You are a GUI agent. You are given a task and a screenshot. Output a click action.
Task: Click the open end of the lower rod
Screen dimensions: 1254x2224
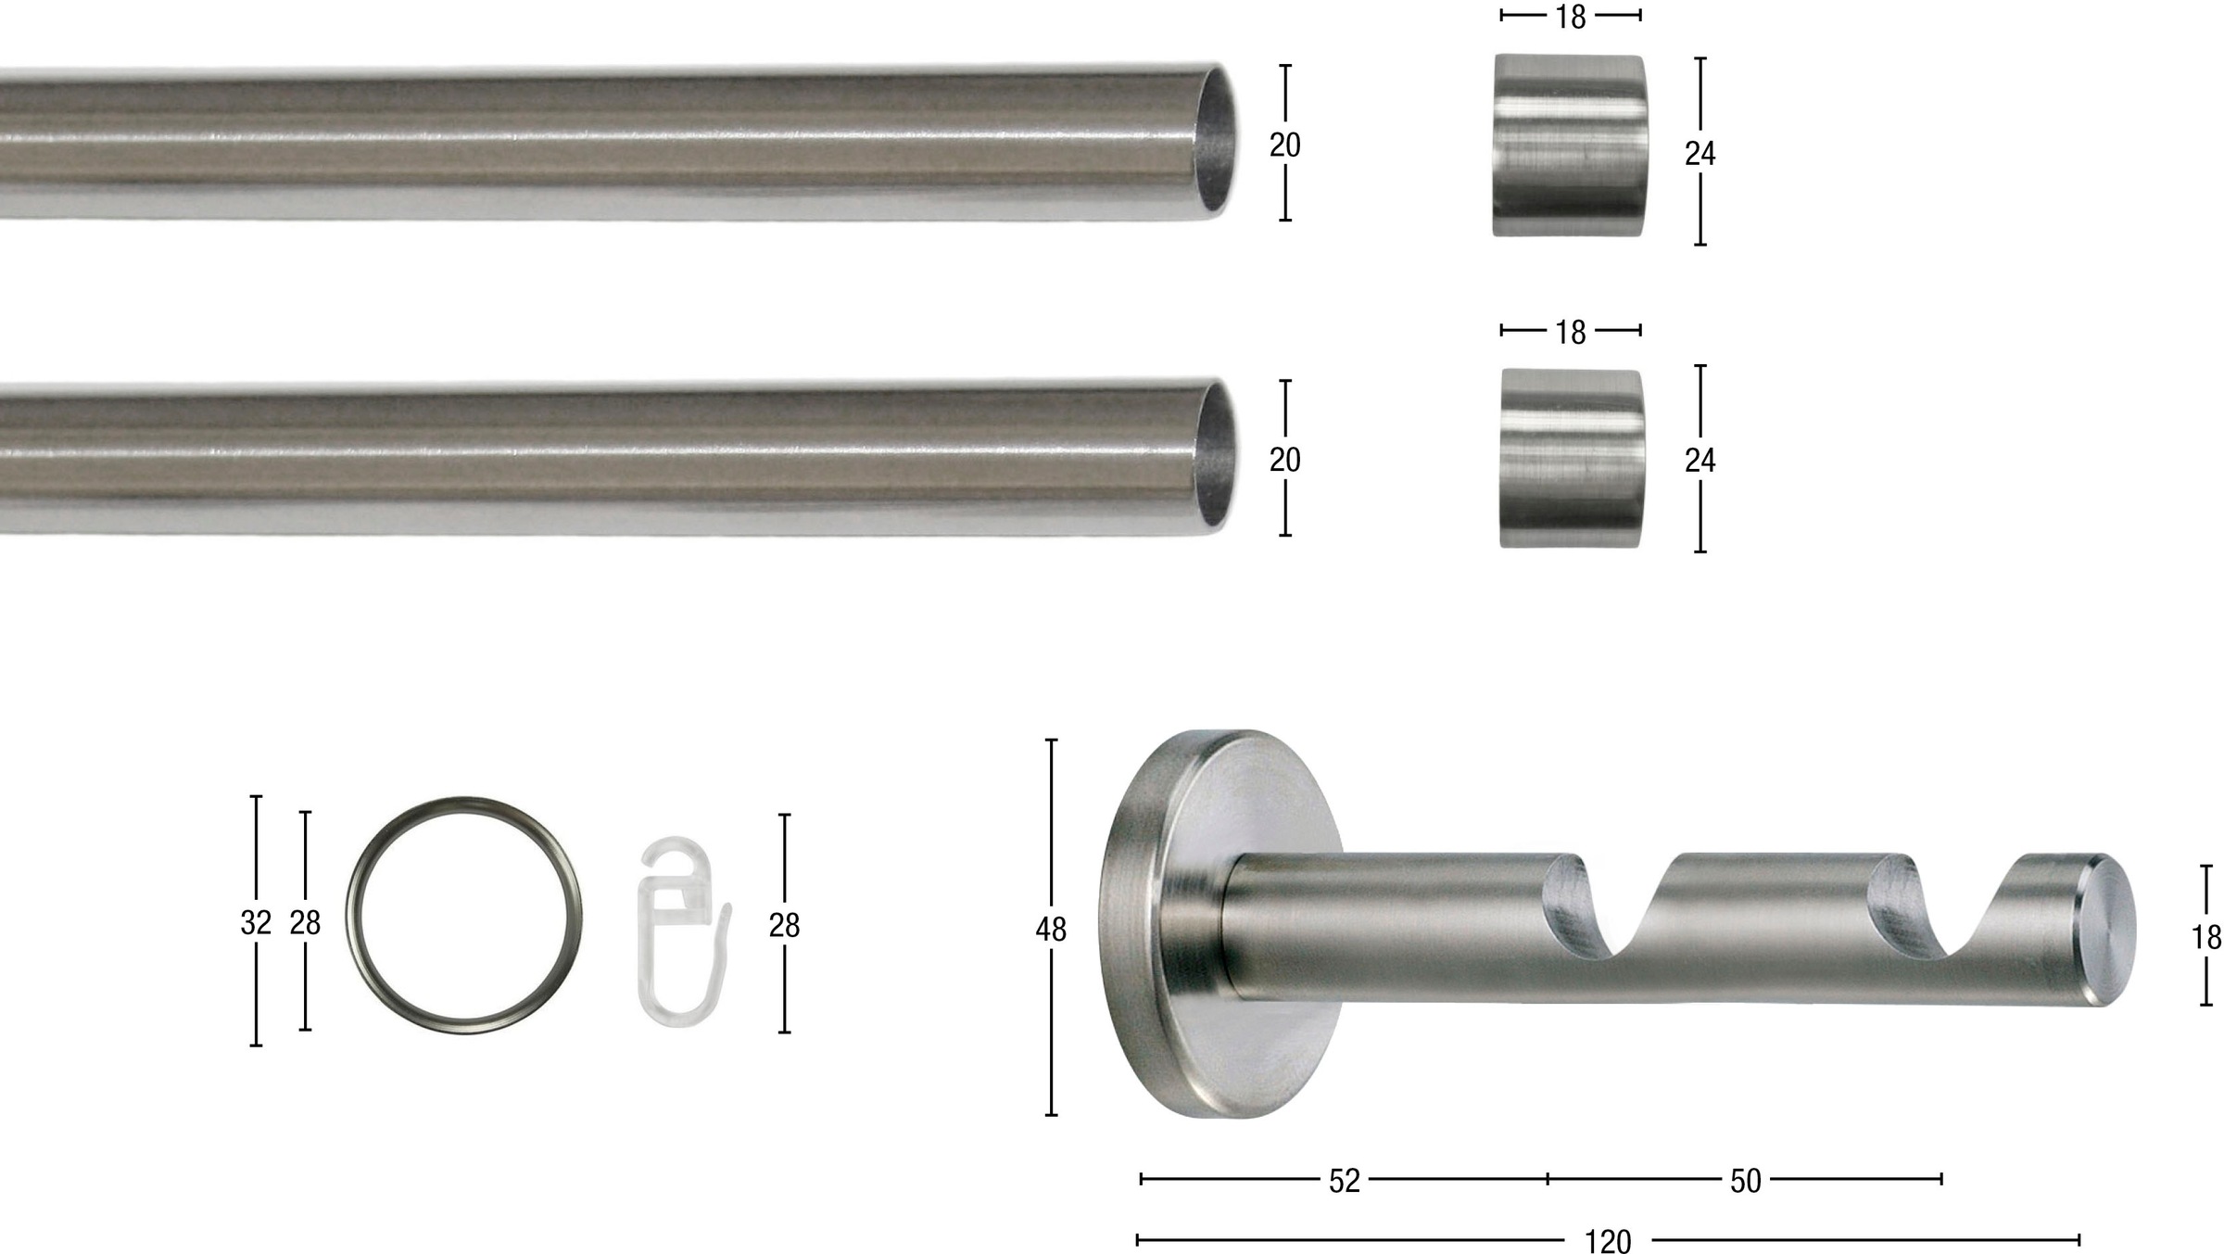(x=1215, y=458)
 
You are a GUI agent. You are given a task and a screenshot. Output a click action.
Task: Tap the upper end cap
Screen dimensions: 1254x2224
(x=1570, y=146)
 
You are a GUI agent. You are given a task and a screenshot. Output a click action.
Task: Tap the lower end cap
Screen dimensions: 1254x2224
(x=1572, y=459)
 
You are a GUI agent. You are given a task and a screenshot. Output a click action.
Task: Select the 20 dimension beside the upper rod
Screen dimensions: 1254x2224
(x=1284, y=146)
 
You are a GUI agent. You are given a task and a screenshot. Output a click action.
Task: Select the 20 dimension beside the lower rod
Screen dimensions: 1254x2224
(x=1284, y=460)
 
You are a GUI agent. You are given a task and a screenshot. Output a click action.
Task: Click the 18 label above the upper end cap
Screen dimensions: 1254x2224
(x=1571, y=17)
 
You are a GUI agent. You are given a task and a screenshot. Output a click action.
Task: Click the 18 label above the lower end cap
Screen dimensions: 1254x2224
(x=1571, y=332)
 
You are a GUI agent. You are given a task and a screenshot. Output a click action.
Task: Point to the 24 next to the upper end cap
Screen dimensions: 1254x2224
(x=1700, y=154)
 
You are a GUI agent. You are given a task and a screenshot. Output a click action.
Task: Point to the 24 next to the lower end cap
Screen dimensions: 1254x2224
(x=1700, y=461)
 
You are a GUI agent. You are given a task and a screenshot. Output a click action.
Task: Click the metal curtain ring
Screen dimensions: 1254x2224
(x=463, y=916)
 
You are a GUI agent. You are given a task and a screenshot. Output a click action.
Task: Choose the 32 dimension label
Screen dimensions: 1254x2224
(x=256, y=923)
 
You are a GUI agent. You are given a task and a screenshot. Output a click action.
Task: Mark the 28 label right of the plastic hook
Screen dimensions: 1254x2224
(x=784, y=925)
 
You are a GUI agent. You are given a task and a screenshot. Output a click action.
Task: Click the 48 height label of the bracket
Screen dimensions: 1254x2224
(x=1051, y=930)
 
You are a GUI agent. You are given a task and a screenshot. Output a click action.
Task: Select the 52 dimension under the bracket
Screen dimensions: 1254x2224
(x=1344, y=1181)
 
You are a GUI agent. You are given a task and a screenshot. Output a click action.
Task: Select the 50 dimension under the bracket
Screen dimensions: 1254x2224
(x=1745, y=1181)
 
